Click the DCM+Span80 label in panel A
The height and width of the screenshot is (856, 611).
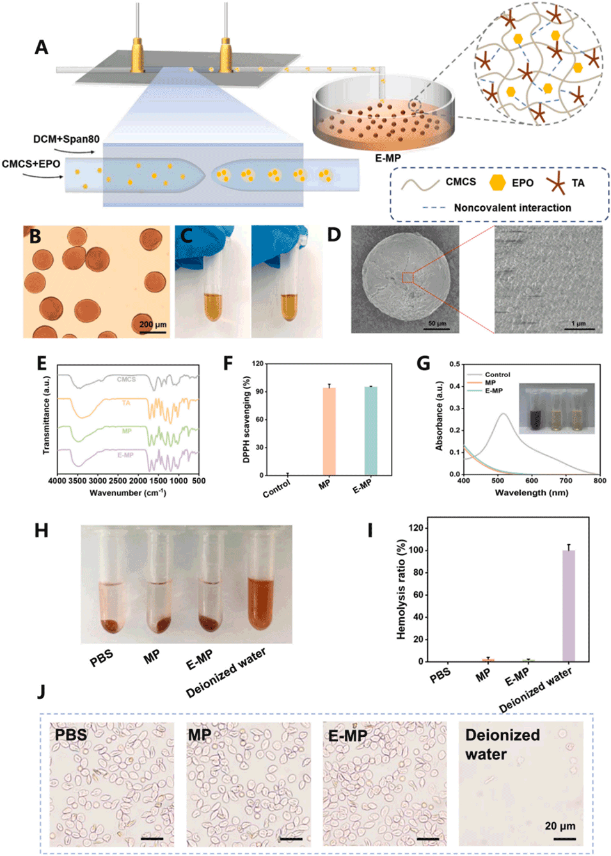click(66, 139)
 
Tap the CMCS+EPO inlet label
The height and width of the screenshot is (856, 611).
click(31, 164)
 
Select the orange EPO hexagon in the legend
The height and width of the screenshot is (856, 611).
click(497, 182)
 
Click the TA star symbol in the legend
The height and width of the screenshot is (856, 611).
click(555, 183)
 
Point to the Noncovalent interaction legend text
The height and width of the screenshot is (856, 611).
click(512, 207)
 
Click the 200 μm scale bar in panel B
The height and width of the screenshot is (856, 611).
click(153, 331)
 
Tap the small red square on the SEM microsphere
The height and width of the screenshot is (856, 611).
click(407, 277)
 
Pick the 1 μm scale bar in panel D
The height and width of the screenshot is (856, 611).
click(578, 329)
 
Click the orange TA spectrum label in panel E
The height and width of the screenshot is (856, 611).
click(126, 403)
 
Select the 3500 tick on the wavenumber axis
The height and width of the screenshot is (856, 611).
click(77, 480)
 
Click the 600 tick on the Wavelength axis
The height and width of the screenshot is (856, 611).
click(532, 480)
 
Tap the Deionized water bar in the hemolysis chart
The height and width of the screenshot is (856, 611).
click(568, 604)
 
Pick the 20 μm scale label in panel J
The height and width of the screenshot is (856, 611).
click(560, 826)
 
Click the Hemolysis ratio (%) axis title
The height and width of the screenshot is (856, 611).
click(401, 590)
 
